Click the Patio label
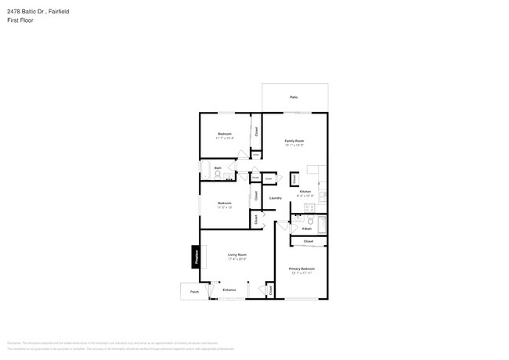click(294, 97)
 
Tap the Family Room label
click(294, 141)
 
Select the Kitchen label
click(305, 192)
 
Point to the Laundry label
click(276, 198)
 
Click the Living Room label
click(237, 254)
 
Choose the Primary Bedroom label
click(301, 268)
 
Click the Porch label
click(194, 291)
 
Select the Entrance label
click(229, 290)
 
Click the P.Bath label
click(307, 229)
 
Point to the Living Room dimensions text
click(237, 259)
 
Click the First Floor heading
click(20, 20)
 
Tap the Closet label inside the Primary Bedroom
click(308, 242)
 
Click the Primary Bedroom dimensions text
click(301, 273)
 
